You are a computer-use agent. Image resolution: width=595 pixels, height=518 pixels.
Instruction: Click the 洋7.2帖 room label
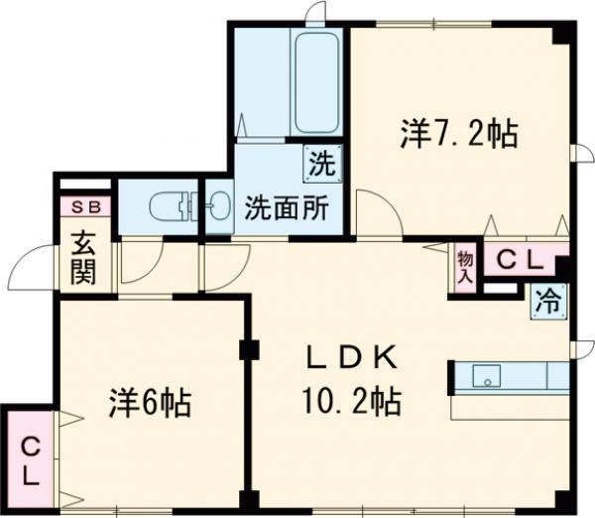point(458,134)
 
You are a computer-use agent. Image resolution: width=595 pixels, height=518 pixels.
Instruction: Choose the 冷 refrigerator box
point(548,298)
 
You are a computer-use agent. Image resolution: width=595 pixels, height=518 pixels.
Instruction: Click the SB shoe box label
point(86,207)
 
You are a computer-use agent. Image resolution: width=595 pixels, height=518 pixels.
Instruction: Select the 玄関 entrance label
point(83,257)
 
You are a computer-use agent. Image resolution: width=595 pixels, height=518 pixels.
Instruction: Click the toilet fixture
point(170,209)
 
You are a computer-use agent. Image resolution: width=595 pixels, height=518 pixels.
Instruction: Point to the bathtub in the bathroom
point(316,82)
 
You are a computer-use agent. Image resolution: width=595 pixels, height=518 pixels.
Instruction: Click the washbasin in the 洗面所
point(216,209)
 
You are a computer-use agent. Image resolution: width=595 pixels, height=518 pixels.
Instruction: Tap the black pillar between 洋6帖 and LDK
point(248,349)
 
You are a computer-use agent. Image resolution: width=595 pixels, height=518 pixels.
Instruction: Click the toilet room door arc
point(139,263)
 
